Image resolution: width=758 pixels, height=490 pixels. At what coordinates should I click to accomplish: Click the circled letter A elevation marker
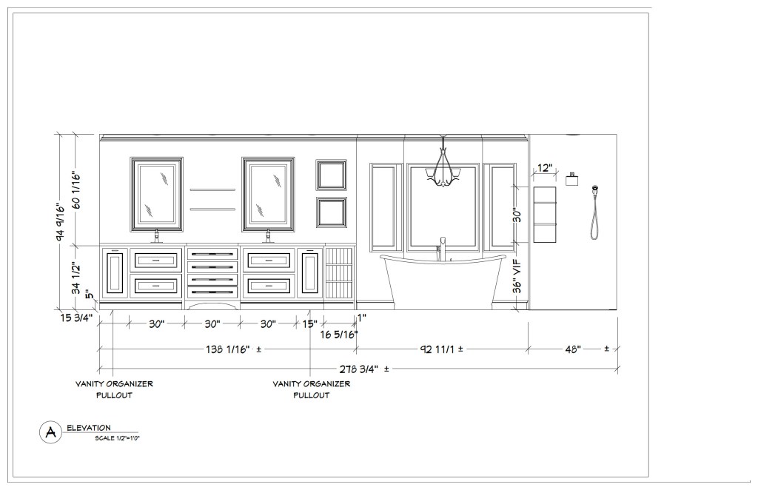(51, 432)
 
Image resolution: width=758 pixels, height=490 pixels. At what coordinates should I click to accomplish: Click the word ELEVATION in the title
(89, 428)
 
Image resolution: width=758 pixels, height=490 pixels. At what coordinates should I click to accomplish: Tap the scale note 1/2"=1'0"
(118, 438)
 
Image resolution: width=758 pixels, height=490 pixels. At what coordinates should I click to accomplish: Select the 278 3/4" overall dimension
(358, 369)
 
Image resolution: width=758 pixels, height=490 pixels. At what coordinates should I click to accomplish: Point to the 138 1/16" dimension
(228, 349)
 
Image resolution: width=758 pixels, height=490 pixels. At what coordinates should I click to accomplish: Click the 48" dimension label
(573, 349)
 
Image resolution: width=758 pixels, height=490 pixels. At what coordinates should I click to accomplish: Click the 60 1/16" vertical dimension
(76, 189)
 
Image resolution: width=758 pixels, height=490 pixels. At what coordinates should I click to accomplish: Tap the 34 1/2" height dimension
(76, 278)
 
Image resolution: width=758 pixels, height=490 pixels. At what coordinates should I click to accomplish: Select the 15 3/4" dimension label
(76, 318)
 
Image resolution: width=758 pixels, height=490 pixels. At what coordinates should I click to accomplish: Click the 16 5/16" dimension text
(339, 334)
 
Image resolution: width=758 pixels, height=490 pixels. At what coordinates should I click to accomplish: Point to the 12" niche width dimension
(544, 168)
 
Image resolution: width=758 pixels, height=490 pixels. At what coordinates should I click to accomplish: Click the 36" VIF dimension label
(517, 276)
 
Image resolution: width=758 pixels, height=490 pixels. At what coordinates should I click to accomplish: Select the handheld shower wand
(595, 212)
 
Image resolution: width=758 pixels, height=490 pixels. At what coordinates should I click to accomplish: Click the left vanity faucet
(157, 236)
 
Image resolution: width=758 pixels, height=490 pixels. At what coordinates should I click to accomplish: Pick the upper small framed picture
(331, 175)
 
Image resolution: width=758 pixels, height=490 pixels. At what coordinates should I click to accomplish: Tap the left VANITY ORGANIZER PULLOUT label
(114, 389)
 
